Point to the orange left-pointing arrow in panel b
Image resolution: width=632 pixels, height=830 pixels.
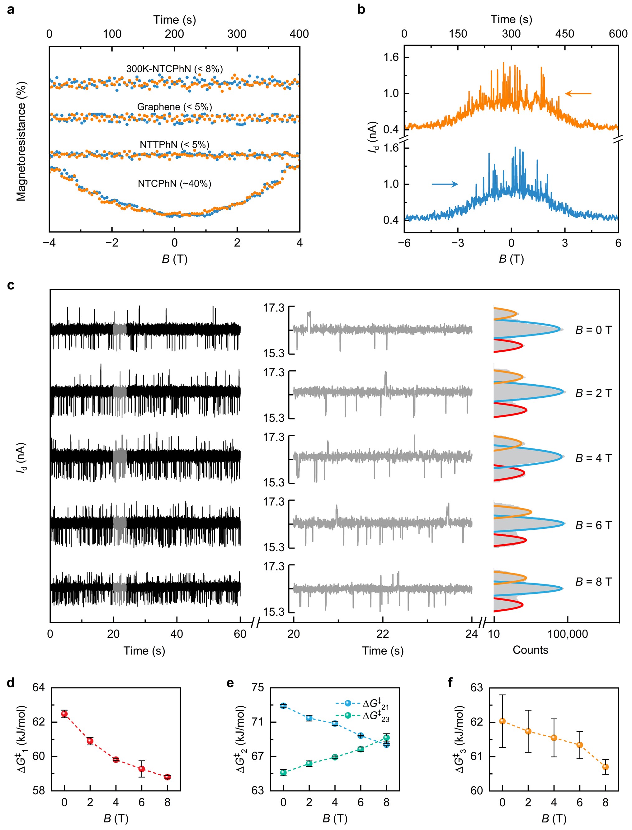pos(578,94)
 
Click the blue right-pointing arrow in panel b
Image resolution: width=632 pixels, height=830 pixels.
pos(445,184)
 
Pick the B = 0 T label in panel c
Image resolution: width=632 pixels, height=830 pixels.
pos(593,330)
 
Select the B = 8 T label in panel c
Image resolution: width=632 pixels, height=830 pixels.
pos(593,581)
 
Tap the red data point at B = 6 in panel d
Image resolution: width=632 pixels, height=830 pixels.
pos(141,769)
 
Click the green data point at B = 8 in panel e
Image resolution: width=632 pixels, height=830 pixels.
pos(386,738)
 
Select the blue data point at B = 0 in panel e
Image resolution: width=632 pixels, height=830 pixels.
pos(283,706)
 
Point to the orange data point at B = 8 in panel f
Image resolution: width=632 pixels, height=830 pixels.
pos(605,767)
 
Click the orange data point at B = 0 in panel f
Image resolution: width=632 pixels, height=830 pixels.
pos(502,721)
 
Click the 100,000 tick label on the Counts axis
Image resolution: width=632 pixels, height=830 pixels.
pos(567,634)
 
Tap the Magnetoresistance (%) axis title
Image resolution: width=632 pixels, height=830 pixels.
pos(21,141)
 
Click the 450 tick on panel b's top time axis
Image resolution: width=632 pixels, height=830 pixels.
pos(564,34)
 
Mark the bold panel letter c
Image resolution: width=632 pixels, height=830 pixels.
pos(11,285)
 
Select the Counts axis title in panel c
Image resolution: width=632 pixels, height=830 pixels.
pos(530,650)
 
